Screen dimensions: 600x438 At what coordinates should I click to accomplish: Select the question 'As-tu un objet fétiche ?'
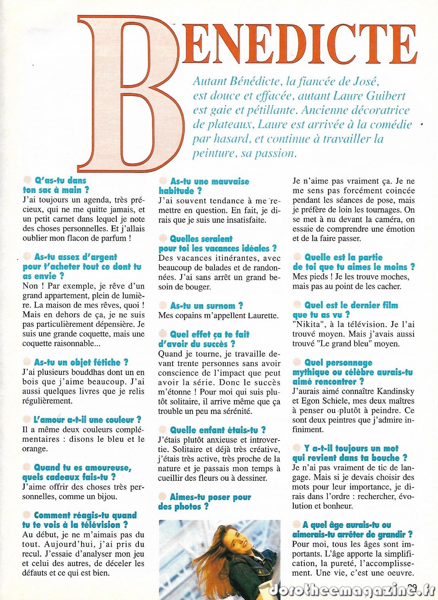pos(81,362)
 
